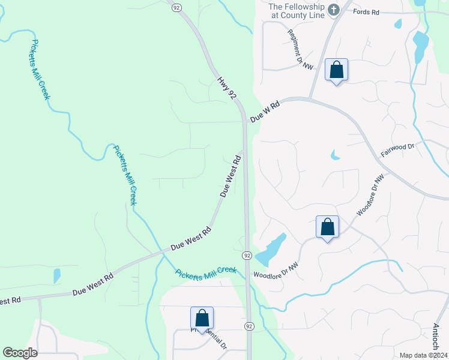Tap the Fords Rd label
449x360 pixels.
click(x=367, y=11)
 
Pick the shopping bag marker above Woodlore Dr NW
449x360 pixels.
click(x=327, y=227)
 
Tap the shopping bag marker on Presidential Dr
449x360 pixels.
click(x=202, y=318)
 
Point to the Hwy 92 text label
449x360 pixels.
click(x=227, y=87)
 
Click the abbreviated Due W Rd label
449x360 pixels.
click(x=265, y=112)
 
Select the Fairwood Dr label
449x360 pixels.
click(x=397, y=150)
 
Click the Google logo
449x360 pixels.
click(x=20, y=353)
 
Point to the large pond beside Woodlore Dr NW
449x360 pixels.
click(x=271, y=249)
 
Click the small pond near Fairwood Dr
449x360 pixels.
click(x=335, y=155)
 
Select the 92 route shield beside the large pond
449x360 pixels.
click(x=247, y=256)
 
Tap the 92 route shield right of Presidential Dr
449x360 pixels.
click(x=249, y=326)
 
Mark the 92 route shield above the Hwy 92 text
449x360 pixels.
click(x=176, y=7)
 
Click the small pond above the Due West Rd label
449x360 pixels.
click(x=57, y=275)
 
